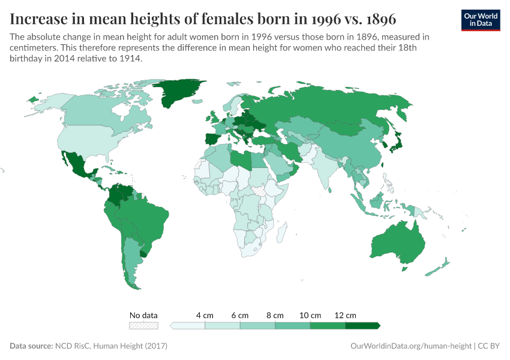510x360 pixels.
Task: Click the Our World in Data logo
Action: tap(481, 20)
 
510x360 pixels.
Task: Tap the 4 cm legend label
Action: tap(205, 315)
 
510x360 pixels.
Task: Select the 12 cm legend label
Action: tap(346, 315)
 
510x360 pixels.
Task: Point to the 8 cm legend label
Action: tap(275, 315)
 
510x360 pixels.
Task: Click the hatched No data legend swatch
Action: tap(144, 326)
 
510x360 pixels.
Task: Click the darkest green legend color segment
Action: tap(362, 326)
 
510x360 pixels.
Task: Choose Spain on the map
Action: tap(214, 142)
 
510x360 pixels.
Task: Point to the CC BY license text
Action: tap(489, 346)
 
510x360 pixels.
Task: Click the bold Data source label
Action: tap(31, 346)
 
